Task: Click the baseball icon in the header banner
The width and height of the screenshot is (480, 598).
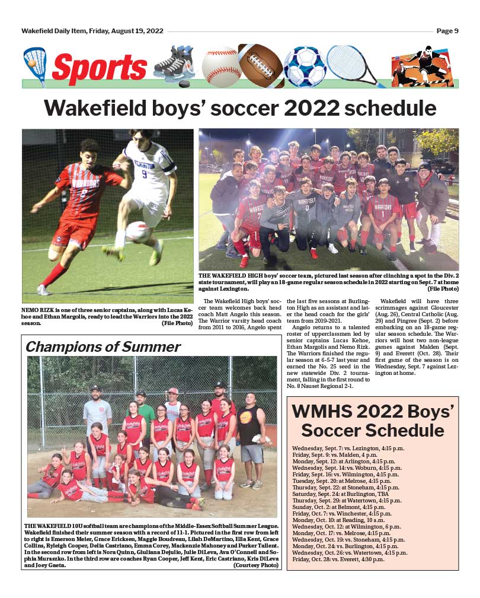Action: click(x=222, y=66)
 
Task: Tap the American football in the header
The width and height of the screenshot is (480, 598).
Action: click(x=261, y=65)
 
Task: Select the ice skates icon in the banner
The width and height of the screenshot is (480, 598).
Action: click(x=174, y=65)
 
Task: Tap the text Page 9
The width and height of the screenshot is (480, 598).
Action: click(x=447, y=31)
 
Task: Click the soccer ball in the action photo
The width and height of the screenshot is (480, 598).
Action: click(x=138, y=231)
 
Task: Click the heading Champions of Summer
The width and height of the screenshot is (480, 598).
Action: click(x=103, y=346)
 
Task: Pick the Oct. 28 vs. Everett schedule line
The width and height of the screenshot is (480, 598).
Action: click(x=338, y=559)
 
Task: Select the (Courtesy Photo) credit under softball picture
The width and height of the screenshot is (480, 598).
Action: click(x=256, y=565)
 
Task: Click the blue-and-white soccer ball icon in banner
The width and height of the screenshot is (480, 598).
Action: click(x=305, y=66)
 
